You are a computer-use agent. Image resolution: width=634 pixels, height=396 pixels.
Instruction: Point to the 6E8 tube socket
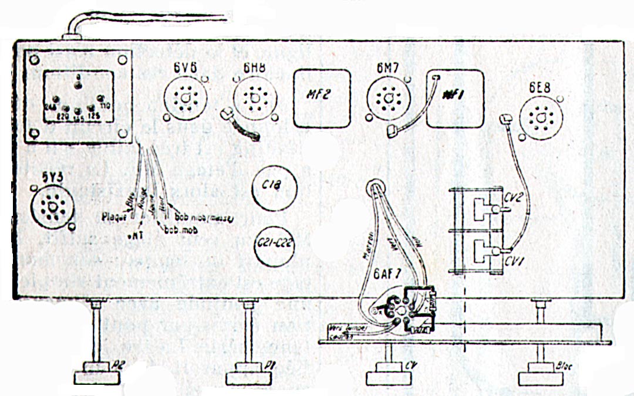tap(539, 119)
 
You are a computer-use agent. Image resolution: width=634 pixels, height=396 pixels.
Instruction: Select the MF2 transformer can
tap(322, 98)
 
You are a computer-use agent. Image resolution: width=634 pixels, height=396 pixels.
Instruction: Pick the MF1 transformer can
tap(454, 98)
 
